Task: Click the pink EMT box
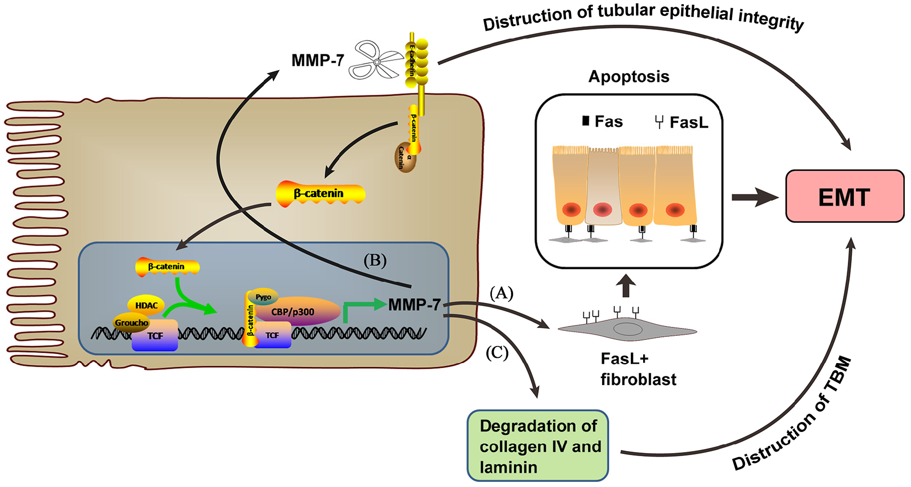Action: (x=844, y=196)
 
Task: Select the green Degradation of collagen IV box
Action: (x=538, y=446)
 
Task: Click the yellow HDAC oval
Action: (x=146, y=305)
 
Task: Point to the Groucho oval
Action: (x=132, y=322)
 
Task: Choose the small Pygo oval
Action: (x=263, y=297)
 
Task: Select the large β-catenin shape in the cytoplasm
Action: (x=320, y=194)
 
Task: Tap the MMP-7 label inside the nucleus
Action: (x=414, y=304)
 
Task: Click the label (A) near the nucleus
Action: (x=501, y=293)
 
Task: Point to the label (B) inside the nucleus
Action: (x=375, y=261)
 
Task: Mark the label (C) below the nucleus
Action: (x=497, y=353)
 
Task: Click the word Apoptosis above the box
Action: (x=628, y=77)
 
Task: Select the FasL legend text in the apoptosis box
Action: (x=688, y=122)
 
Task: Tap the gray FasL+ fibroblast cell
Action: (x=627, y=329)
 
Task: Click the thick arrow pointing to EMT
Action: (x=754, y=197)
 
